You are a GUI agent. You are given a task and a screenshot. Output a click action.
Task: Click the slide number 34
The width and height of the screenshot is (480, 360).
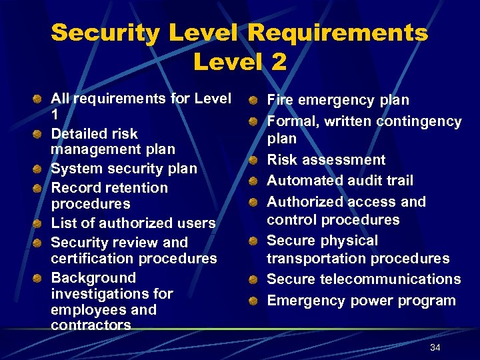(x=435, y=347)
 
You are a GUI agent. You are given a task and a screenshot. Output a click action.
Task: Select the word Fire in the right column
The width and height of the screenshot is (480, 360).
(x=280, y=100)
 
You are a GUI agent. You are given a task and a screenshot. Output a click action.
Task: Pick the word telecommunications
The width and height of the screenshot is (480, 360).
(x=391, y=279)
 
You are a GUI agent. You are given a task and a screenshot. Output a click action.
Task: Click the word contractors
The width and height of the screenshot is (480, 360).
(x=91, y=325)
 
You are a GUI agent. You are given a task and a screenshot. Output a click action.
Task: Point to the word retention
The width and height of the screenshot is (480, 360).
(x=131, y=187)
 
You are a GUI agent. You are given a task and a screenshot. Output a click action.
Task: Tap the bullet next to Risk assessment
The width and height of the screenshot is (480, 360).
(x=254, y=161)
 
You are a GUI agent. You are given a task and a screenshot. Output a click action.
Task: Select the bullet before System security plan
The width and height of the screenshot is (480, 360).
(x=39, y=169)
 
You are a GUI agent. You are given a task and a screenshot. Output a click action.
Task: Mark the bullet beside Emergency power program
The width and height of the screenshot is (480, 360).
(x=254, y=301)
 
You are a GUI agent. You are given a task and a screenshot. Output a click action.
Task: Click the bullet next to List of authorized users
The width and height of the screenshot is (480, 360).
(x=39, y=223)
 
